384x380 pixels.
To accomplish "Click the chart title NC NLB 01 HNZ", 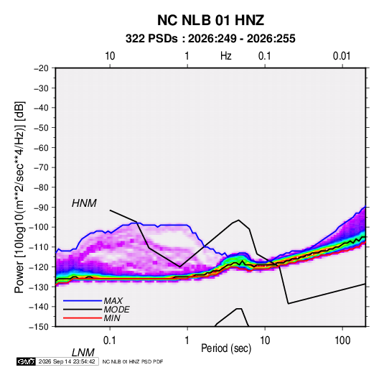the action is tap(210, 20).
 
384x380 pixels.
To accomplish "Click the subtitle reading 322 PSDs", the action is tap(151, 39).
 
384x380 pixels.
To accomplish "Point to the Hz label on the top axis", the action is tap(226, 56).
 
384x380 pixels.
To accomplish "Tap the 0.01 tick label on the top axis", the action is tap(342, 56).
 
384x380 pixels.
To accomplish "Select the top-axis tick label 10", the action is tap(110, 56).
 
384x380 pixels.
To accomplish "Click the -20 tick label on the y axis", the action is tap(41, 68).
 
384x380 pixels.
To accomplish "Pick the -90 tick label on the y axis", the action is tap(41, 208).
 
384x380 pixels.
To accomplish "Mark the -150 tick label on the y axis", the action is tap(39, 327).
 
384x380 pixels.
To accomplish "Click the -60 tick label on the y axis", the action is tap(41, 147).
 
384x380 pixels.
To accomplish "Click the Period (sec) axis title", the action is tap(226, 348).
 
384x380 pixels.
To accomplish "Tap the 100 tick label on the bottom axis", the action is tap(342, 340).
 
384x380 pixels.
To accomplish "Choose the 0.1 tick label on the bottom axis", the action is tap(110, 340).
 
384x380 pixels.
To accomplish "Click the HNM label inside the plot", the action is tap(84, 203).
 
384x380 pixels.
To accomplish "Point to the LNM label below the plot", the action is tap(83, 353).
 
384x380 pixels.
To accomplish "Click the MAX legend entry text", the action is tap(113, 301).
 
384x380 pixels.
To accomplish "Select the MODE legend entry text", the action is tap(116, 310).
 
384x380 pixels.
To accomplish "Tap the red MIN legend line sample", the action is tap(83, 318).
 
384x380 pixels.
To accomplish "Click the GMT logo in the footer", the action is tap(27, 361).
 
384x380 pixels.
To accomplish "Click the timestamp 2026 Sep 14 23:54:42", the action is tap(67, 361).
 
